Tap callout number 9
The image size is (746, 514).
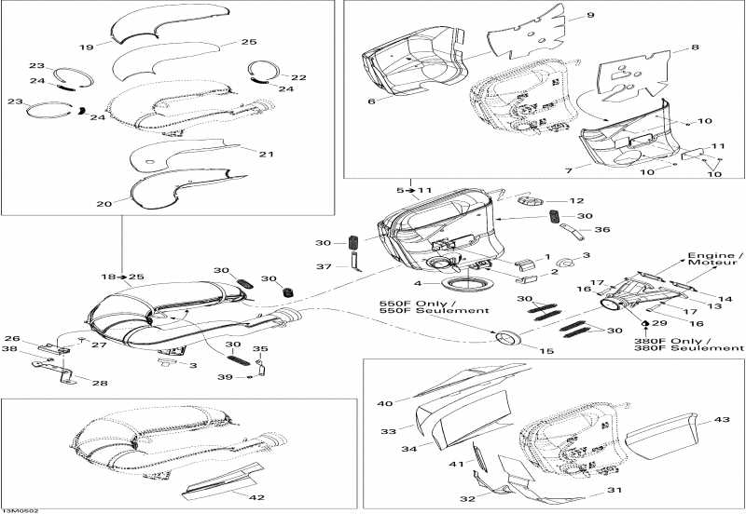(x=589, y=16)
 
